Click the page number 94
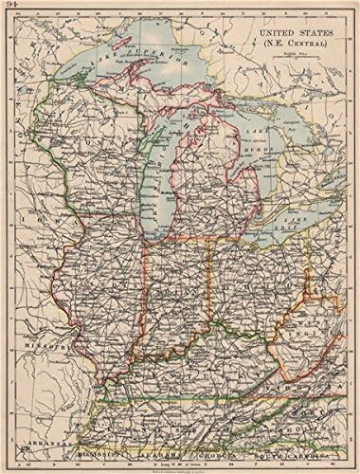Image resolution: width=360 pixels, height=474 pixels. pyautogui.click(x=11, y=9)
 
